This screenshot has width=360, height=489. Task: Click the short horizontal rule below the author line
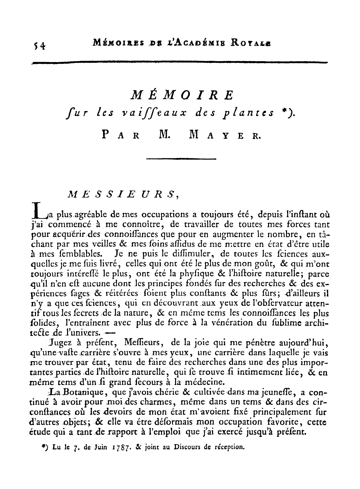tap(181, 159)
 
